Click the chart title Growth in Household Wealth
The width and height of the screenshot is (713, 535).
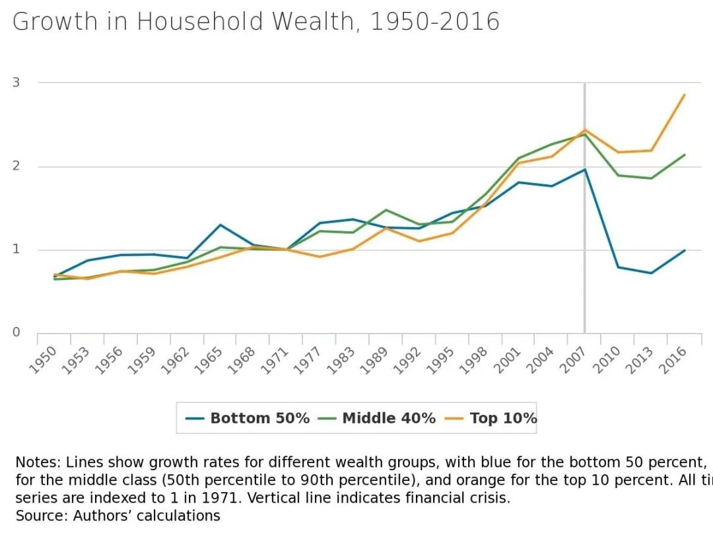(x=255, y=22)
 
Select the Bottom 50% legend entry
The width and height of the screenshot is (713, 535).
(x=248, y=418)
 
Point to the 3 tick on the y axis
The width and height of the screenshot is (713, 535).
(x=16, y=83)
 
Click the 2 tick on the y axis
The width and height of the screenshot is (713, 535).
(x=16, y=166)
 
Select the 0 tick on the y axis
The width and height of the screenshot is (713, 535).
(x=16, y=332)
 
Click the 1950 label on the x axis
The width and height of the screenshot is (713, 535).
(x=45, y=359)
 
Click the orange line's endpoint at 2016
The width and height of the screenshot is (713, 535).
(x=685, y=94)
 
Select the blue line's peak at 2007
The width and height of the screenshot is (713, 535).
(x=584, y=170)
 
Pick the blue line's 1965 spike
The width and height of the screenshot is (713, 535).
(x=221, y=225)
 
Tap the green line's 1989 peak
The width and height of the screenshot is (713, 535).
(x=386, y=210)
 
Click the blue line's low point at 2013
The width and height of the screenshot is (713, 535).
(x=652, y=273)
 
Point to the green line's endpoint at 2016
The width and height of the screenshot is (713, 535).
(x=685, y=155)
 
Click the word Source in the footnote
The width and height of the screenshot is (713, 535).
(x=34, y=515)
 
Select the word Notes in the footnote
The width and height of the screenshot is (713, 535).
(x=32, y=462)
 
